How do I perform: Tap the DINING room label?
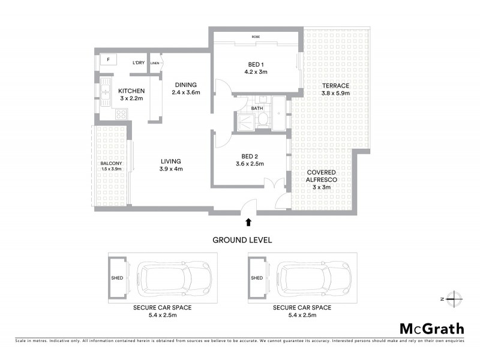pos(185,85)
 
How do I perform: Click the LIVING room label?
pos(171,161)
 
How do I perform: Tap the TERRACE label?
pos(335,86)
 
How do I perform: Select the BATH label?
pos(257,109)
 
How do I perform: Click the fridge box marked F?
pos(109,60)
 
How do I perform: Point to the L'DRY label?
pos(139,62)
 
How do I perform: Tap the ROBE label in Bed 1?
pos(256,37)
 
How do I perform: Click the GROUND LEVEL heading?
pos(242,239)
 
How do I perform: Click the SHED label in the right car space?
pos(257,278)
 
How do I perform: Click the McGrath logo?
pos(431,328)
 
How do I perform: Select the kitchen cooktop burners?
pos(120,112)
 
